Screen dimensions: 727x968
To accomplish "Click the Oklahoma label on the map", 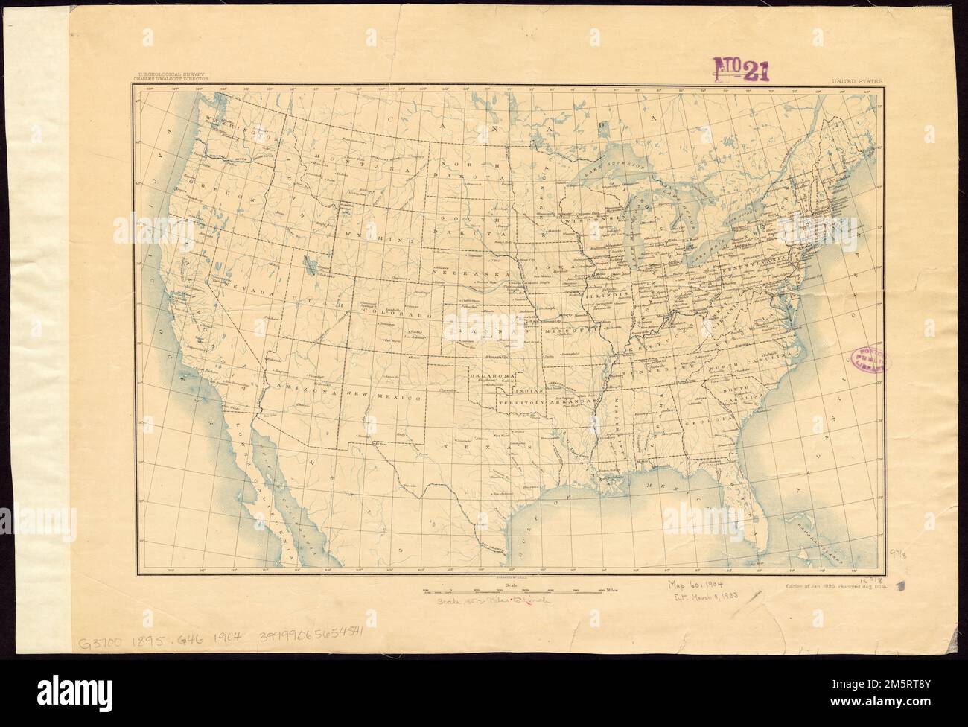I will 492,376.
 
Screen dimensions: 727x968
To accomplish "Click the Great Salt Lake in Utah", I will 308,263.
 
